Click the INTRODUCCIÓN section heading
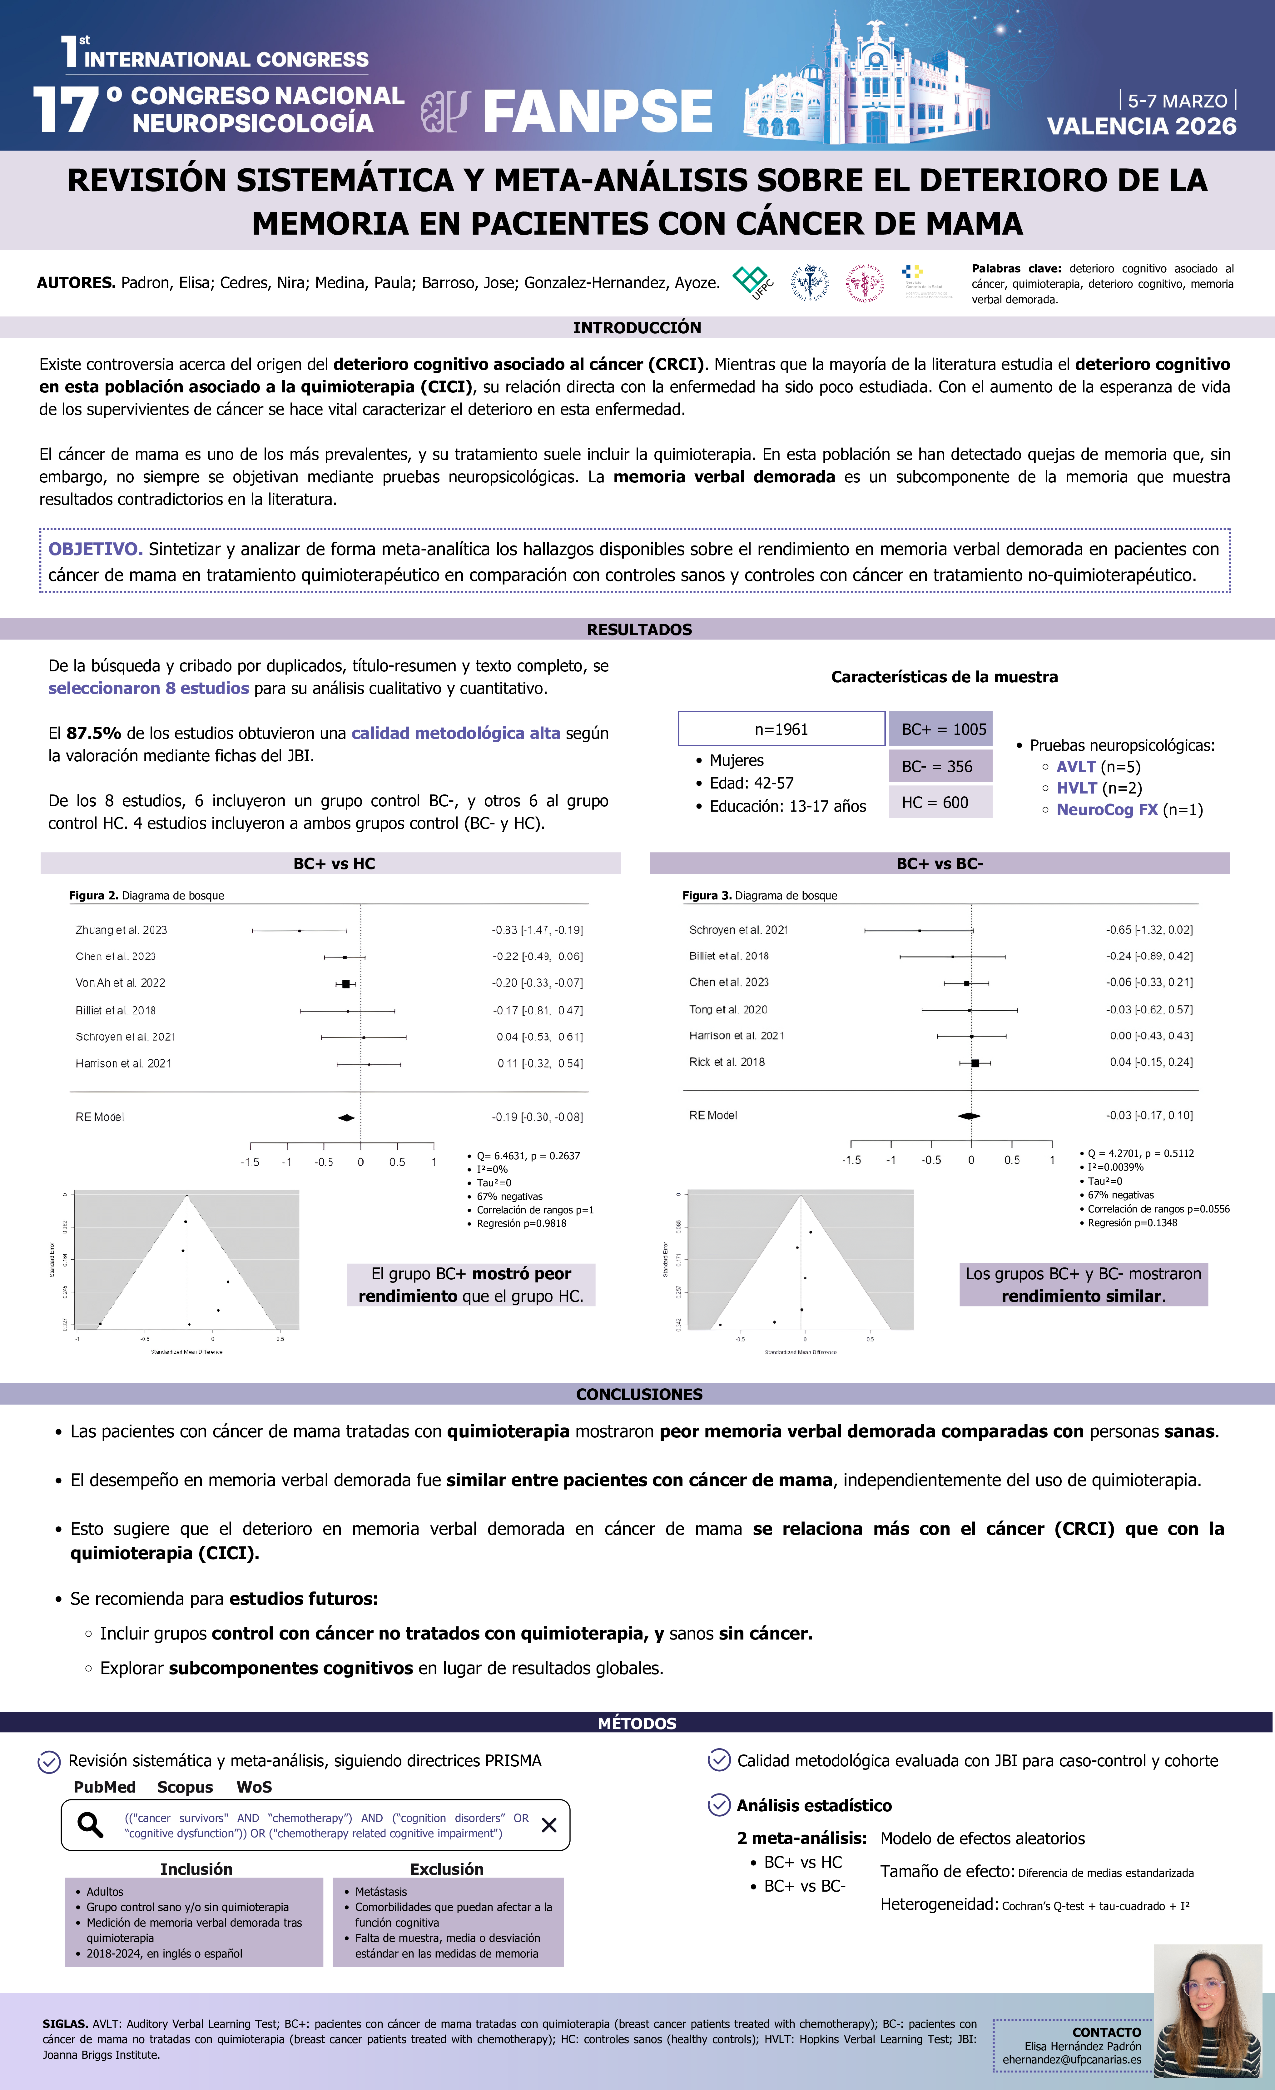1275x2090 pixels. [637, 327]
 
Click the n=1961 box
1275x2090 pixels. [781, 729]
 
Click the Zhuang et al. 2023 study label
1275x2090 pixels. [121, 930]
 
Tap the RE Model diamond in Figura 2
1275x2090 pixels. [346, 1117]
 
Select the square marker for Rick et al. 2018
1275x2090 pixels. [975, 1063]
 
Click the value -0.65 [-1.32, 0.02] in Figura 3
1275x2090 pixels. [1148, 930]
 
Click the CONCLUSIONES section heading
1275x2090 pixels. [639, 1394]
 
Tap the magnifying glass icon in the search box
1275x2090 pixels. [90, 1824]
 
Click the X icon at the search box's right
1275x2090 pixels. [549, 1824]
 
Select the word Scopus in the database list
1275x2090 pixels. [185, 1787]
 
